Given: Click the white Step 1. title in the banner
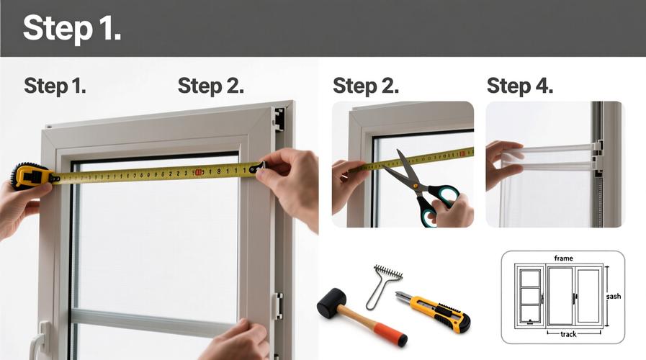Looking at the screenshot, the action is (x=72, y=28).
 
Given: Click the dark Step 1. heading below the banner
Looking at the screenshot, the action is (x=55, y=86).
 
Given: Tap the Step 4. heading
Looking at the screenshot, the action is (x=520, y=86).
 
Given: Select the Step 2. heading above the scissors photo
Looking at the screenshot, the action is (x=366, y=86).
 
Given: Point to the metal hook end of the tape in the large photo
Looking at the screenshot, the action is (x=257, y=167).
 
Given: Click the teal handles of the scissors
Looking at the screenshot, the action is (x=438, y=204).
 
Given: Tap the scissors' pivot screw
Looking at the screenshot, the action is (x=416, y=186).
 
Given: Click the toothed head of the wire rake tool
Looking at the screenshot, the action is (x=388, y=272).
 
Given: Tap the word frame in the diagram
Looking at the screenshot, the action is (x=563, y=258).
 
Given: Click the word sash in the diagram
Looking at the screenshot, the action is (x=614, y=296).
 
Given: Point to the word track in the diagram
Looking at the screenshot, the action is (x=568, y=334).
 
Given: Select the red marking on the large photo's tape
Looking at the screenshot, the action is (x=198, y=173).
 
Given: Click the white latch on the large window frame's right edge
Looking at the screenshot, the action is (x=278, y=306).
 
